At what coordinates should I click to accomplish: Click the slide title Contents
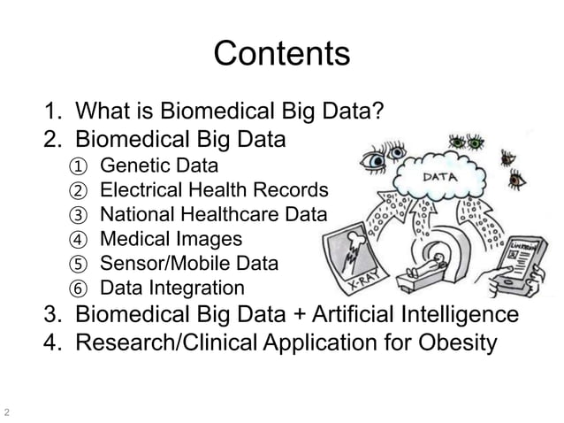click(282, 54)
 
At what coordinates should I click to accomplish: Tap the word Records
click(296, 189)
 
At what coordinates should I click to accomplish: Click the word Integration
click(200, 288)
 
